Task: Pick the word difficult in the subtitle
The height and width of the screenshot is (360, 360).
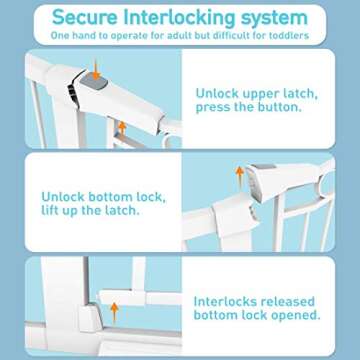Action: click(x=231, y=36)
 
